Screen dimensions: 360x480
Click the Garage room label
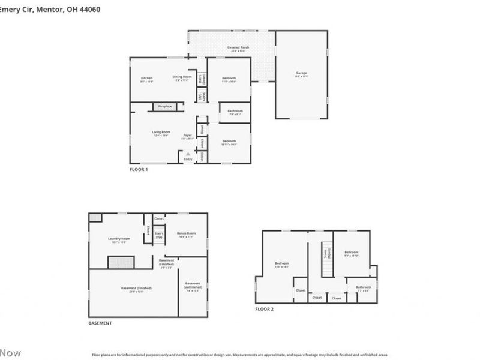301,73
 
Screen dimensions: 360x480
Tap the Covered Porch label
238,47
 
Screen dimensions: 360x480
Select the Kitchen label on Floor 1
147,78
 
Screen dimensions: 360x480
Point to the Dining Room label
182,77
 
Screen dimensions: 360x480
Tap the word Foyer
188,135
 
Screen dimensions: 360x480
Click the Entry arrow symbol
188,154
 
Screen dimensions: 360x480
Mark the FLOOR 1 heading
139,170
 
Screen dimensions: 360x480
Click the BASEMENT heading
100,323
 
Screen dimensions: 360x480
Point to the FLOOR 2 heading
264,309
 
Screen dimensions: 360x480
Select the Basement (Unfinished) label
193,285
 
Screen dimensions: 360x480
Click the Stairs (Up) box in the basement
159,235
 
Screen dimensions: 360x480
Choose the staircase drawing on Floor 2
327,263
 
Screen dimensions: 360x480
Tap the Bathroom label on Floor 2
363,287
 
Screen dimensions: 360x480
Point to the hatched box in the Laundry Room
121,262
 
